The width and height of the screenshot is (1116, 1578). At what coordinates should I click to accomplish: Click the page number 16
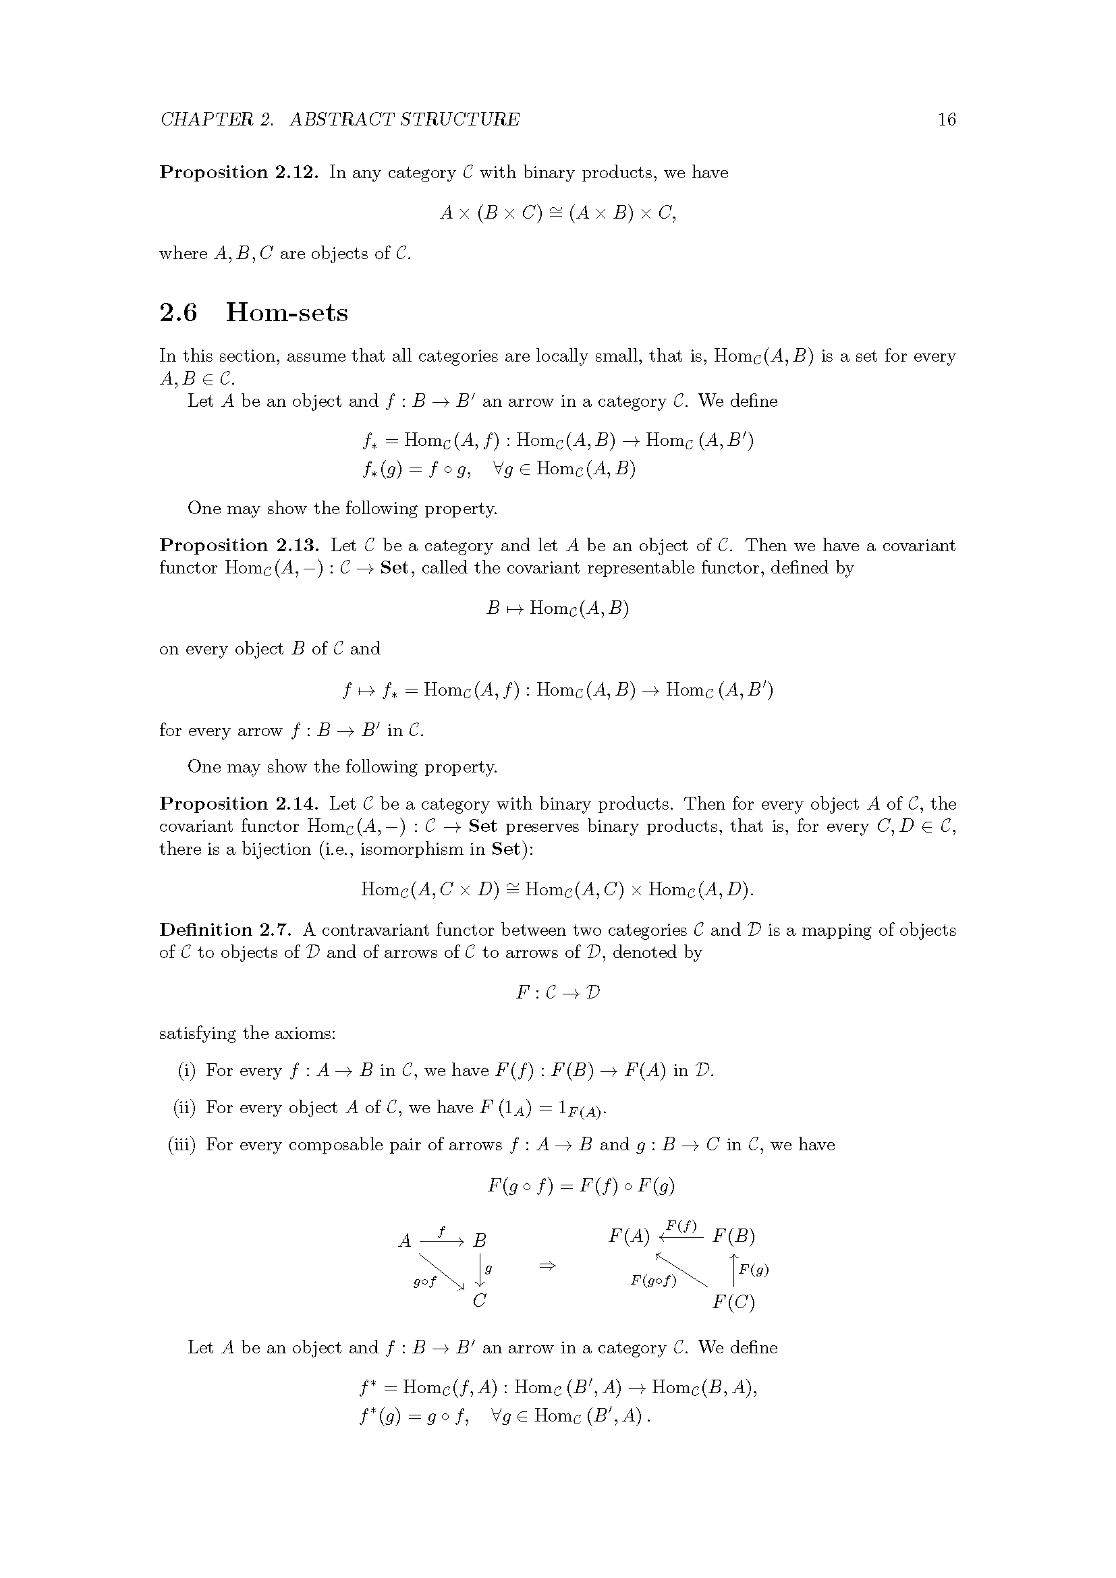pyautogui.click(x=946, y=119)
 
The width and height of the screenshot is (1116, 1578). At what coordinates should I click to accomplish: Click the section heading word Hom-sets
pyautogui.click(x=287, y=313)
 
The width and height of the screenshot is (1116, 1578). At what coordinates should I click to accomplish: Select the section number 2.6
pyautogui.click(x=178, y=313)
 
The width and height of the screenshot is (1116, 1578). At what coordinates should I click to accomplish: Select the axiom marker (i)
pyautogui.click(x=187, y=1071)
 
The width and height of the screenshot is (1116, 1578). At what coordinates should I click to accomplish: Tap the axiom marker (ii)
pyautogui.click(x=184, y=1108)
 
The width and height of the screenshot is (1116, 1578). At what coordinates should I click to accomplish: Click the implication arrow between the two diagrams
pyautogui.click(x=547, y=1265)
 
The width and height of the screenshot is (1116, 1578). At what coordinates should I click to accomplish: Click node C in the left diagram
pyautogui.click(x=480, y=1301)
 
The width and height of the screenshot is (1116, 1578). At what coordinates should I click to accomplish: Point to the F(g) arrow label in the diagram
pyautogui.click(x=754, y=1270)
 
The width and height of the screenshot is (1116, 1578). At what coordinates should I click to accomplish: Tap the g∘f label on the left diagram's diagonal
pyautogui.click(x=424, y=1282)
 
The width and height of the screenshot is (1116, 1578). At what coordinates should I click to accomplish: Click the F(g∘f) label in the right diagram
pyautogui.click(x=654, y=1280)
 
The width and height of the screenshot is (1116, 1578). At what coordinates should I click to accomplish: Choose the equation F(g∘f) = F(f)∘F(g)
pyautogui.click(x=582, y=1185)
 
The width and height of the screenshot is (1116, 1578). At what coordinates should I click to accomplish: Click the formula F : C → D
pyautogui.click(x=558, y=993)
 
